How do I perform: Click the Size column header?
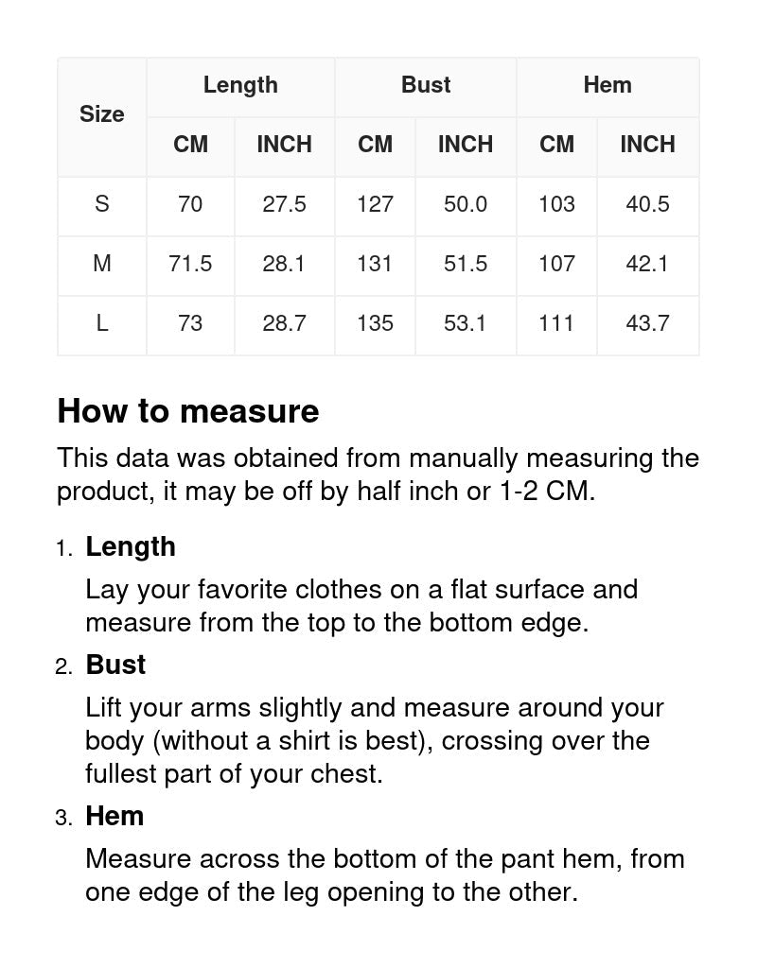101,114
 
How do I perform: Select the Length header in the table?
240,85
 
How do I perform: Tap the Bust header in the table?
426,85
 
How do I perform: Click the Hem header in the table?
607,85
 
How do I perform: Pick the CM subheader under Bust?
375,145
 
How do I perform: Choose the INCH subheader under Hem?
647,145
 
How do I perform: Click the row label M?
101,264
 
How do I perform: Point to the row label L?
101,323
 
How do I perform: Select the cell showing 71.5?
190,264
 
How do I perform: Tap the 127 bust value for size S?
375,204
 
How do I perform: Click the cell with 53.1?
466,323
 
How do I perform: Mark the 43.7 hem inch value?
647,323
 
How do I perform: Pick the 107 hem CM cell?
556,264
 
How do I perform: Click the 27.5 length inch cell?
284,204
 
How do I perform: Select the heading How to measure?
188,411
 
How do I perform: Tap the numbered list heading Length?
131,547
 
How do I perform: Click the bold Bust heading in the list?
115,665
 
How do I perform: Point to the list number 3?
62,818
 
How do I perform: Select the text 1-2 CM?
544,492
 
